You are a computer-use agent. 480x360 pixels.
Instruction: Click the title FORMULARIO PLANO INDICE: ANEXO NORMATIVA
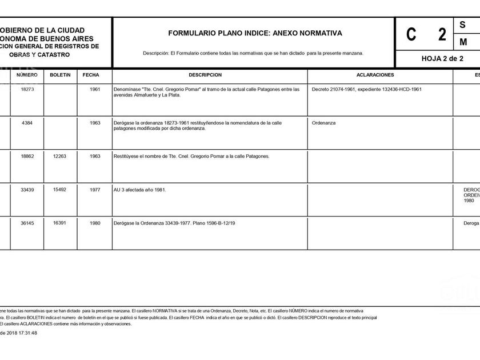coord(255,33)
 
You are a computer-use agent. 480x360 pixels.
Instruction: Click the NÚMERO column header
coord(27,75)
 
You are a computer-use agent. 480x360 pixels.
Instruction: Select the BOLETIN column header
coord(60,75)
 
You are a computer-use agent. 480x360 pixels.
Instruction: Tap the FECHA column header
coord(91,75)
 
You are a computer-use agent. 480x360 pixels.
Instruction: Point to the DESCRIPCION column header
coord(205,75)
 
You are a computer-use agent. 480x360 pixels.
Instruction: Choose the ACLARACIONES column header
coord(375,75)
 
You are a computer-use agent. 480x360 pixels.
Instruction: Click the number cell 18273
coord(27,90)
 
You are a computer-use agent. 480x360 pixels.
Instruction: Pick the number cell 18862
coord(27,156)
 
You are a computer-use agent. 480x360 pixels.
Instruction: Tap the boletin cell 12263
coord(59,156)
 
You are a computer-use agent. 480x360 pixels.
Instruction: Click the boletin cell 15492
coord(59,189)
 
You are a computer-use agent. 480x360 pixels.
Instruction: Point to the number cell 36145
coord(27,223)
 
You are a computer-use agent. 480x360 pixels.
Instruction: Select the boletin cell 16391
coord(59,223)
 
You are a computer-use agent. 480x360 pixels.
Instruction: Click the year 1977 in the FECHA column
coord(95,189)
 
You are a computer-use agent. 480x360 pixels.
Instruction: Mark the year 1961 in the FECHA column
coord(95,90)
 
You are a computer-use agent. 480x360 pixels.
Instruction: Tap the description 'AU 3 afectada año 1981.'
coord(140,190)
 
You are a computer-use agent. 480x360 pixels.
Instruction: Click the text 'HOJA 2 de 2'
coord(442,58)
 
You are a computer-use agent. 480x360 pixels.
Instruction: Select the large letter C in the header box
coord(411,34)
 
